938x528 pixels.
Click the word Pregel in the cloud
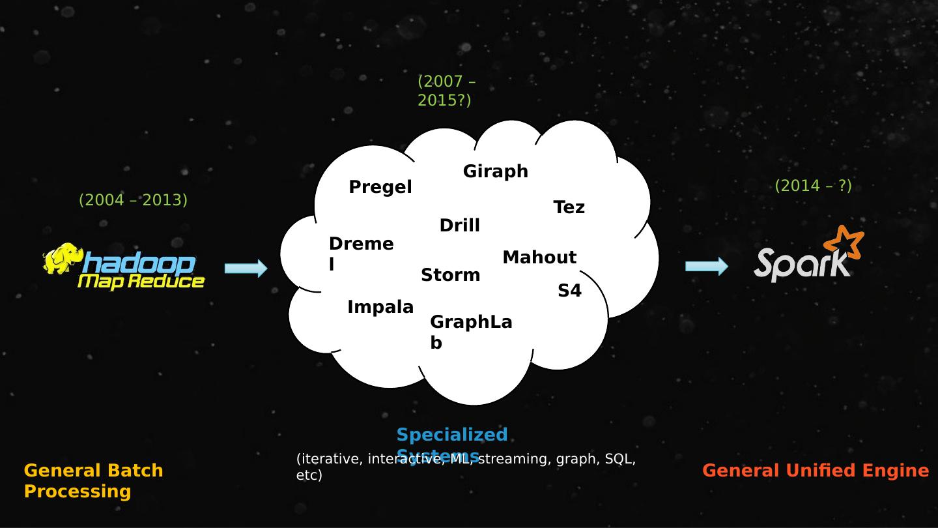[380, 188]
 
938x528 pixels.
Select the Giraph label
[495, 171]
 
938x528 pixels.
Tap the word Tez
[569, 208]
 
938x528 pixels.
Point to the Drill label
[459, 226]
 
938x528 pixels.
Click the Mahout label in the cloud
[539, 257]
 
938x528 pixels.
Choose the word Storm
[450, 275]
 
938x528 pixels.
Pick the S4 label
[569, 291]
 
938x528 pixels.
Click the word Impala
[380, 307]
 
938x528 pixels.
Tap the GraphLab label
[470, 332]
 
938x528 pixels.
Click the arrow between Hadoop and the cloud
[246, 268]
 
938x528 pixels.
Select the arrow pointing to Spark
[707, 266]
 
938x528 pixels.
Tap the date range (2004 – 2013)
[133, 200]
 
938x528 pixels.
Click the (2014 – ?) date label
[813, 186]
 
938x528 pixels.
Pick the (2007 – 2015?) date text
[446, 91]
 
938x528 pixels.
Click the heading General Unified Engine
[816, 471]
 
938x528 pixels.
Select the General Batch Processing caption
[93, 480]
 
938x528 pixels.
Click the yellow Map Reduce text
[141, 282]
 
